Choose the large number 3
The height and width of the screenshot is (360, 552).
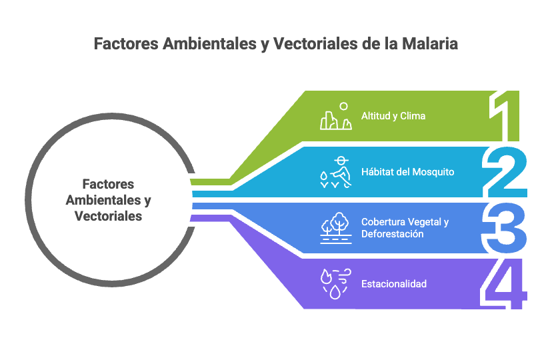click(x=506, y=228)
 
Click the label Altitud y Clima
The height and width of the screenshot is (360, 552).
click(x=393, y=116)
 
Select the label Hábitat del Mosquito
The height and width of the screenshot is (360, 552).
click(x=407, y=172)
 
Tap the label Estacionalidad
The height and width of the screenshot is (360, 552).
click(x=393, y=284)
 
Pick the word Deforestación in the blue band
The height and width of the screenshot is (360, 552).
click(x=392, y=234)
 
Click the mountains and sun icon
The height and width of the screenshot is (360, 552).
click(x=336, y=117)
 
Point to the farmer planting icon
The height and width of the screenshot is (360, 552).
click(x=336, y=172)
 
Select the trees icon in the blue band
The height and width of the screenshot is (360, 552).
click(x=336, y=228)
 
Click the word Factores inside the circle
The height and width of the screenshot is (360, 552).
click(x=108, y=184)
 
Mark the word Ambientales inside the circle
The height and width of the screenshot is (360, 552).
click(x=103, y=200)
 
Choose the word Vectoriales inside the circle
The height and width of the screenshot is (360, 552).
click(x=108, y=216)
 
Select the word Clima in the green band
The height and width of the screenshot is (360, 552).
click(x=413, y=116)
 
